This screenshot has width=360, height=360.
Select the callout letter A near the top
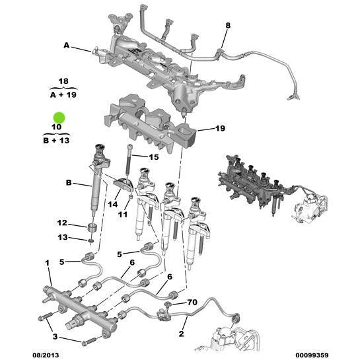coord(66,45)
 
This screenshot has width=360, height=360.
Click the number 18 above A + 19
coord(63,81)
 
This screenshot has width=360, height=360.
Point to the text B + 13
coord(57,140)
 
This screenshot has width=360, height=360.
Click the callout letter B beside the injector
coord(67,182)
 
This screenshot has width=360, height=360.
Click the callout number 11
coord(122,213)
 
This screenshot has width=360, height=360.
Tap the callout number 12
coord(61,223)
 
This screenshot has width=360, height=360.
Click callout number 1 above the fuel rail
coord(48,264)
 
